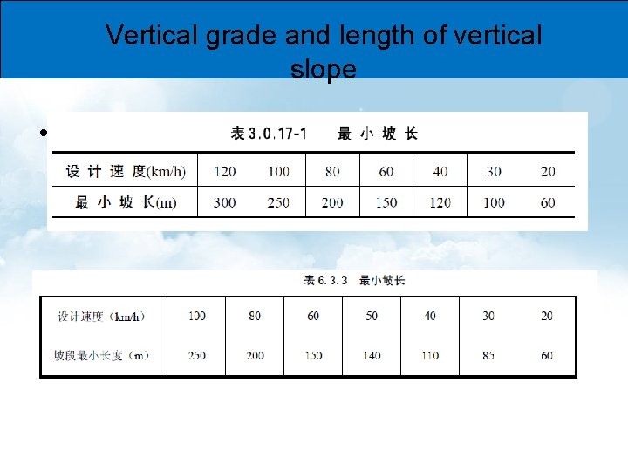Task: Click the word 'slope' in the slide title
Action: (x=323, y=70)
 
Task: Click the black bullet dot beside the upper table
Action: (x=43, y=134)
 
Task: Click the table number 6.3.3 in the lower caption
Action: (x=333, y=280)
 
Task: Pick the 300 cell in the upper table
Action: (x=224, y=202)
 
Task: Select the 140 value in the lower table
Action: (x=372, y=355)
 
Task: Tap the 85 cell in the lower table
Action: (x=488, y=355)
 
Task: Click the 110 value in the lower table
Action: (x=430, y=355)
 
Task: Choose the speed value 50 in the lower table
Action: (x=372, y=316)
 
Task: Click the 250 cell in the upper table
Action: (x=278, y=202)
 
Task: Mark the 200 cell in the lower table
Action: (x=255, y=355)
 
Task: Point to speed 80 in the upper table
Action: (x=332, y=171)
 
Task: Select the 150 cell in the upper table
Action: (x=386, y=202)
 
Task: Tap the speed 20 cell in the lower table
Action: (x=547, y=316)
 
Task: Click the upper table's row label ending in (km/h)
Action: (x=126, y=171)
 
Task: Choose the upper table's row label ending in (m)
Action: (x=126, y=202)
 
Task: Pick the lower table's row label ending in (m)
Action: (x=101, y=355)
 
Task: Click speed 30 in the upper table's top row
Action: (x=494, y=171)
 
